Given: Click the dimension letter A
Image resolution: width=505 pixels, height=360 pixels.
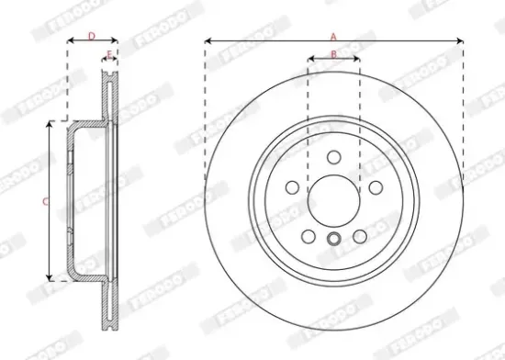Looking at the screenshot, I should [333, 35].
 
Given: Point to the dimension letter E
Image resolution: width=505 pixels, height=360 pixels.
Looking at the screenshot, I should [109, 57].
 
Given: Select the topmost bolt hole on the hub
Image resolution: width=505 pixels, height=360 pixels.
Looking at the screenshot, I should [333, 156].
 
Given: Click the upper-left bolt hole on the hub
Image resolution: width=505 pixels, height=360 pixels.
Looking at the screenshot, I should [293, 186].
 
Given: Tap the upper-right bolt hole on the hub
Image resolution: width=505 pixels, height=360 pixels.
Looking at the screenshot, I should [375, 186].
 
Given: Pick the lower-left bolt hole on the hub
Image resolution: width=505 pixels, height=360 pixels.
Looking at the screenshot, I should [309, 234].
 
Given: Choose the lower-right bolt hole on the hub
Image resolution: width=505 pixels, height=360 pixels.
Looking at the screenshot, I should [359, 234].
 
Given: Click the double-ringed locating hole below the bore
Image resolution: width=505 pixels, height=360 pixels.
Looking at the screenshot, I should [333, 242].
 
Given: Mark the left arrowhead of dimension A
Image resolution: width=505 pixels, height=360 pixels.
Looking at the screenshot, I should [208, 41].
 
